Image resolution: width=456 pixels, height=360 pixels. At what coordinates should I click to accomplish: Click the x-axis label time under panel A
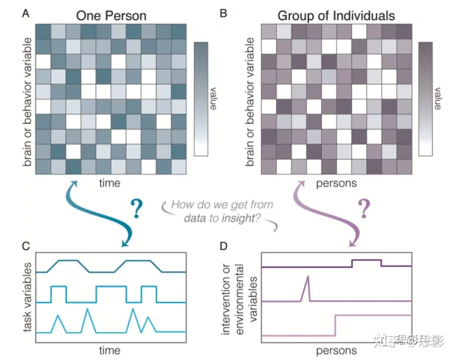(111, 182)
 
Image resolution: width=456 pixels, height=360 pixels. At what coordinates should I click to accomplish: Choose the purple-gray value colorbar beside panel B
(425, 98)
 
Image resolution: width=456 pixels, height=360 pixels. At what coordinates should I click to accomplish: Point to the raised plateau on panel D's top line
(366, 260)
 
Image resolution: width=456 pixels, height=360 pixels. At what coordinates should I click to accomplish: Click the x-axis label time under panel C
(111, 349)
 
